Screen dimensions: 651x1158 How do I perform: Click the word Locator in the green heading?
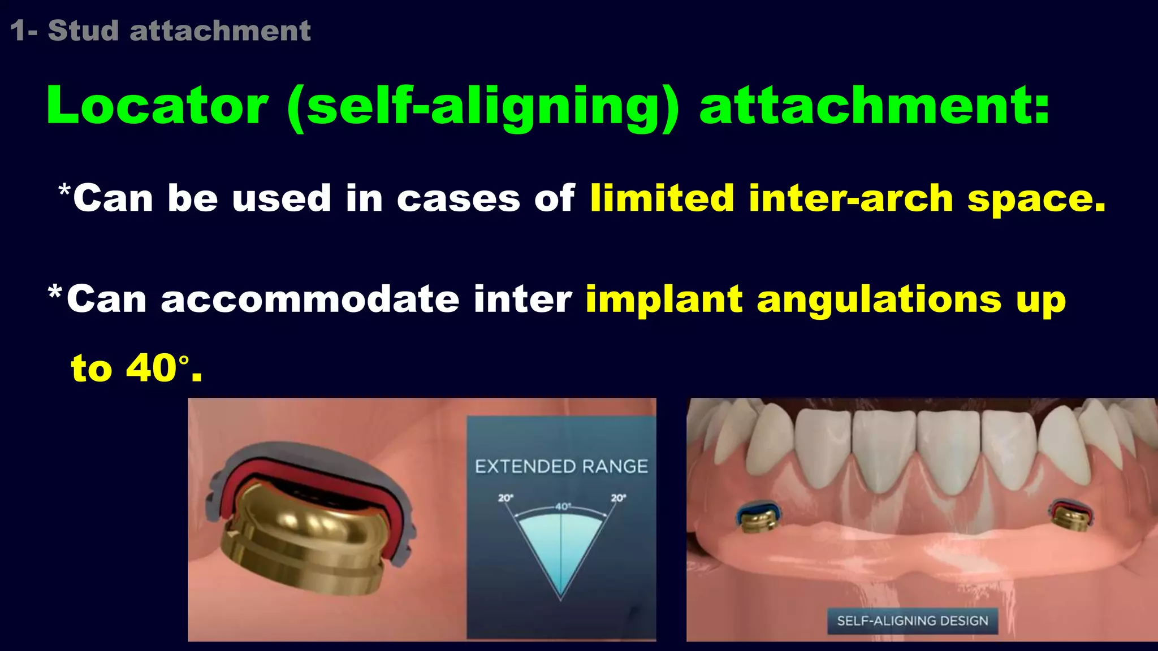(157, 106)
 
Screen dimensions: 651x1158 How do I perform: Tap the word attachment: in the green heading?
(874, 106)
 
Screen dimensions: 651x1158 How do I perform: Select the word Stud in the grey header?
(83, 31)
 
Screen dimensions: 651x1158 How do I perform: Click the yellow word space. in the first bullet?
(1036, 199)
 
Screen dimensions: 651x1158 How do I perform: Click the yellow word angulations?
(879, 300)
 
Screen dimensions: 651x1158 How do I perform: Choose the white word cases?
(458, 199)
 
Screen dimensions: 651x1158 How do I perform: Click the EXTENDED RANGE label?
(561, 467)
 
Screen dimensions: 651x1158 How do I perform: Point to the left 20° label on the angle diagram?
(505, 498)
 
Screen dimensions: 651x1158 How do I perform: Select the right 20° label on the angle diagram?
(618, 498)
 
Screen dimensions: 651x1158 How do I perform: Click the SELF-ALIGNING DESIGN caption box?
(912, 620)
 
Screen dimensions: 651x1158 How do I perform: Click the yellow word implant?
(664, 300)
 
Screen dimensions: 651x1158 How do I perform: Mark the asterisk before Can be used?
(64, 190)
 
